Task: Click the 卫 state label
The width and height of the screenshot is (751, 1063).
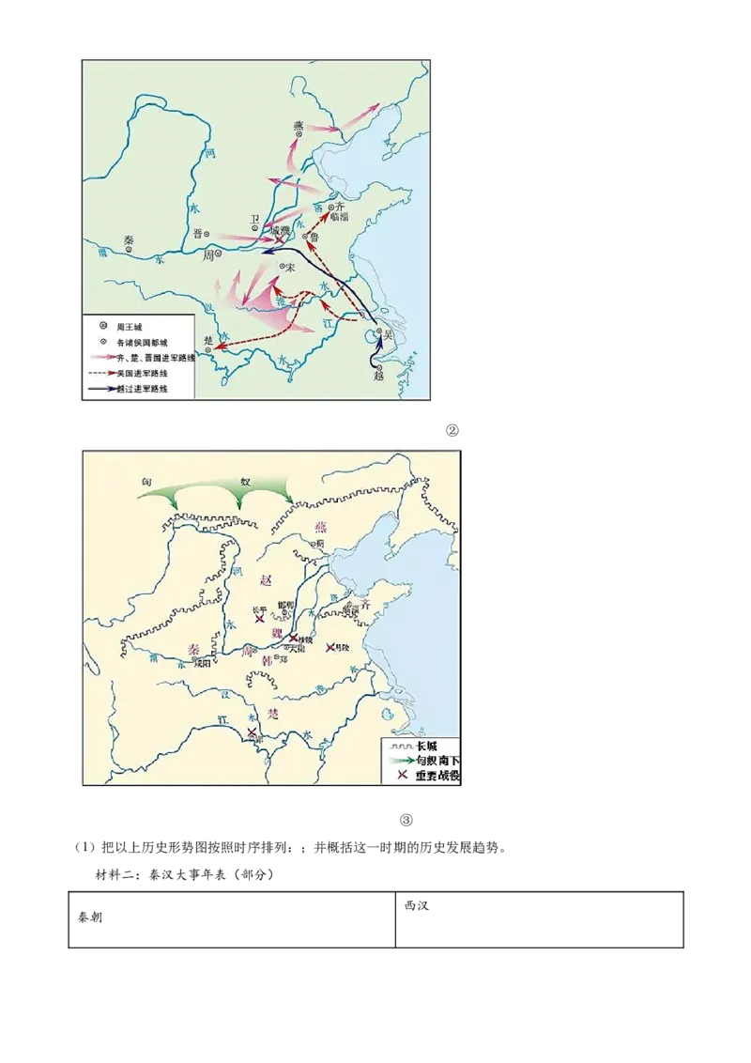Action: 253,218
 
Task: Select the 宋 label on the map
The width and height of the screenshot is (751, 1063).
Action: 291,268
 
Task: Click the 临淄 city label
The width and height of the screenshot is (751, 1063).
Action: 339,217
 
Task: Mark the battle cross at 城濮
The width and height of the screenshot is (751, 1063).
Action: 278,241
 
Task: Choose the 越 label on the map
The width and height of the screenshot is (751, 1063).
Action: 378,373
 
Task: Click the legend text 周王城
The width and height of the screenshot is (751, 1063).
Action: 128,326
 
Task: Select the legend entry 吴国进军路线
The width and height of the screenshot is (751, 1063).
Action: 142,373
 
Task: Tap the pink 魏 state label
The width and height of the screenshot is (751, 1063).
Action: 277,632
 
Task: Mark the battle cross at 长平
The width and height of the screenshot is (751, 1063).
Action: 260,619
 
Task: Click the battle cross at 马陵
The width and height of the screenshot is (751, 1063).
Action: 330,647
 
